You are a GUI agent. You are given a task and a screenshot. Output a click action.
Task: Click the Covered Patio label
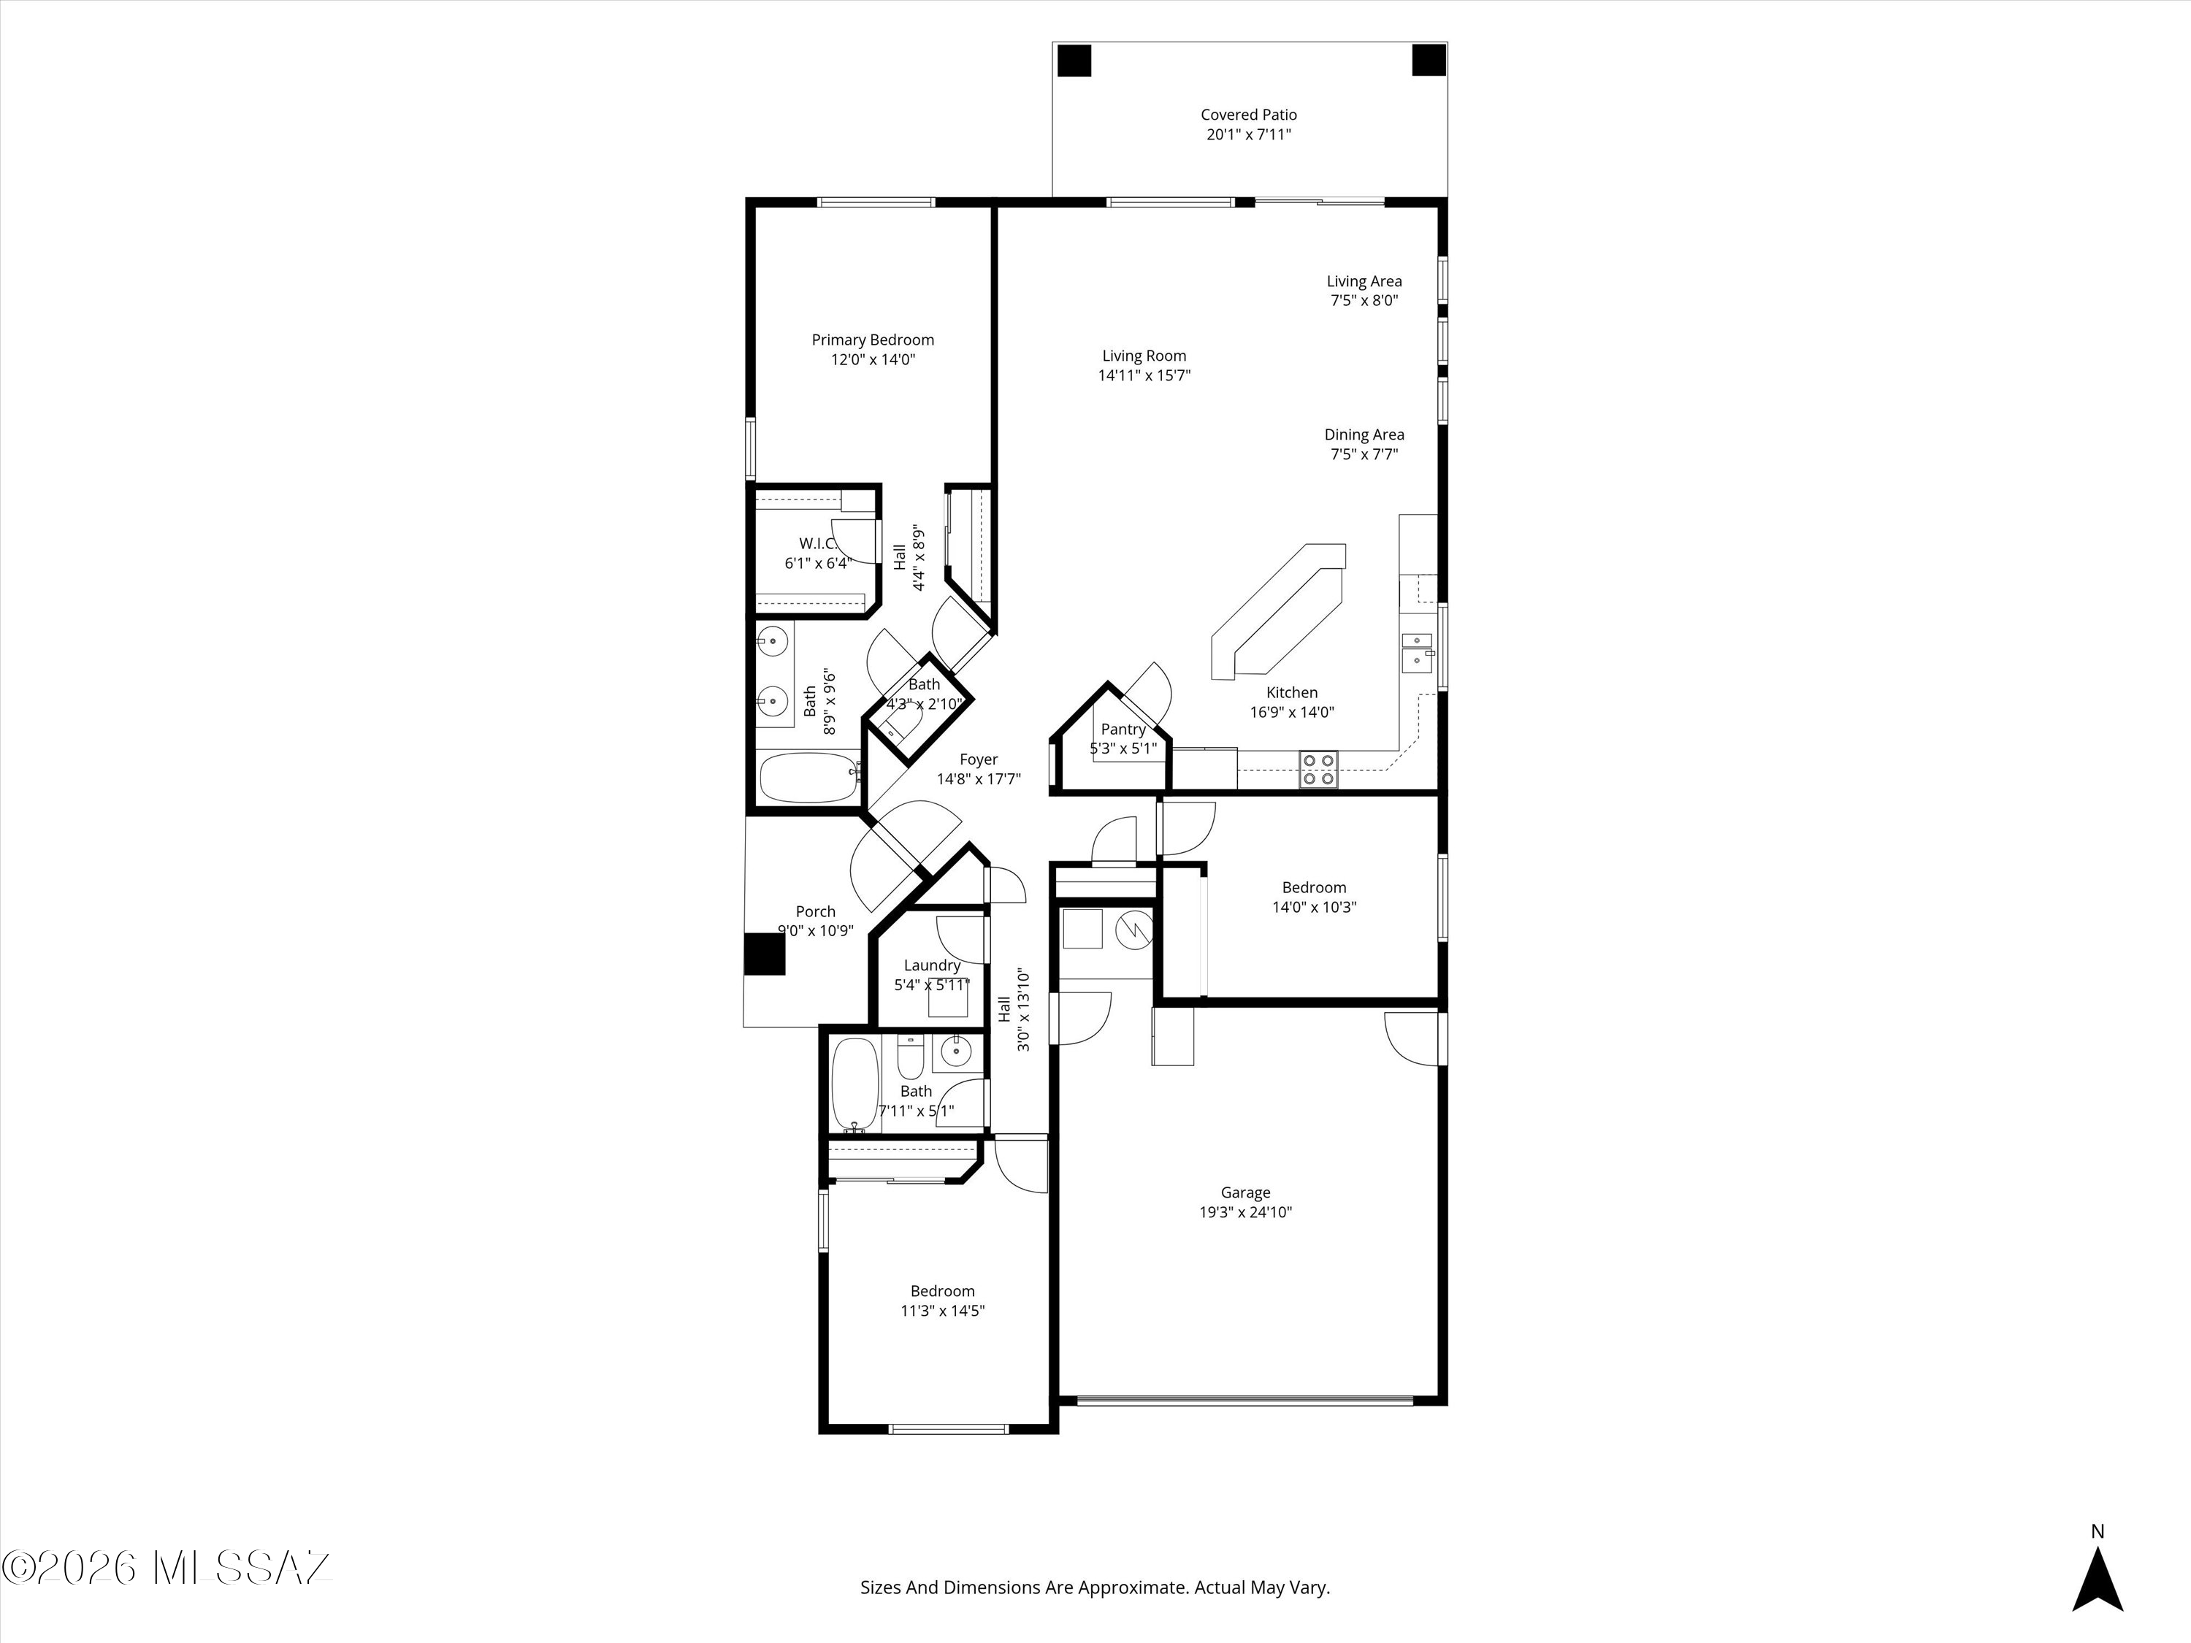[x=1248, y=115]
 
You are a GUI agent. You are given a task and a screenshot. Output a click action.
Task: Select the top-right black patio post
[x=1429, y=61]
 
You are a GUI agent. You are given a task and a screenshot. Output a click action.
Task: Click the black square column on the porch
[x=765, y=954]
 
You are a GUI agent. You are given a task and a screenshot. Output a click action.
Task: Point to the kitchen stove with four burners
[x=1318, y=770]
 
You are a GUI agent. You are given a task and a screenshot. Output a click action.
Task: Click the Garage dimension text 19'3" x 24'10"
[x=1245, y=1212]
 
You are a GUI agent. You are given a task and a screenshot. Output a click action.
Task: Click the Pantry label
[x=1123, y=729]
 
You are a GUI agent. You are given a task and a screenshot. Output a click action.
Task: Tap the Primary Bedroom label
[x=873, y=340]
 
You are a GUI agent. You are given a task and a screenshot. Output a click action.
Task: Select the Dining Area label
[x=1364, y=434]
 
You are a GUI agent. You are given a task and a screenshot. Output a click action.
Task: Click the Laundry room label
[x=931, y=965]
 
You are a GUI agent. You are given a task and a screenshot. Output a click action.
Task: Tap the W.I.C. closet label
[x=817, y=544]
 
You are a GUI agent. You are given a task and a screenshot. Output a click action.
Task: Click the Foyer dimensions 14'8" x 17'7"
[x=979, y=779]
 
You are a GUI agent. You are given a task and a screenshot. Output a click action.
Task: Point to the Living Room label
[x=1144, y=356]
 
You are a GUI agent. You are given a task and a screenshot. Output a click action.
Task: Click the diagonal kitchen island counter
[x=1278, y=611]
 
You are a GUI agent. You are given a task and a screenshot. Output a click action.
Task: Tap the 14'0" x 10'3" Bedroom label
[x=1313, y=887]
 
